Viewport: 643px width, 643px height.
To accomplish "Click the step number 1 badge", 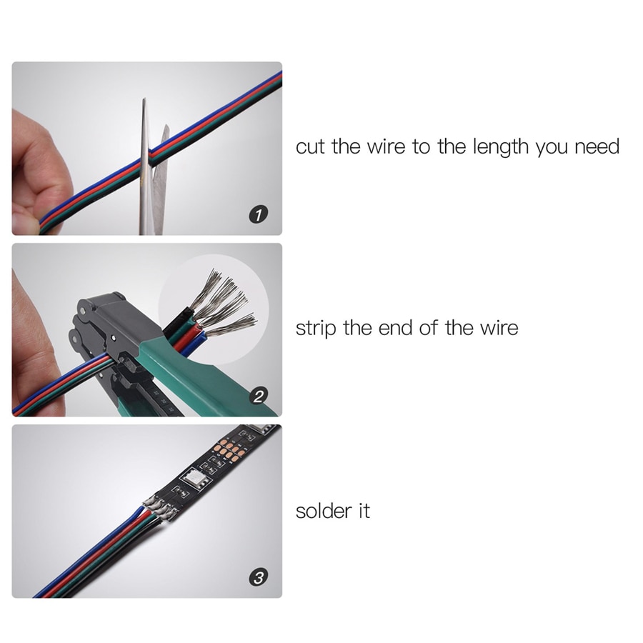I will coord(261,214).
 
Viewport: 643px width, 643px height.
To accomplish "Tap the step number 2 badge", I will coord(261,395).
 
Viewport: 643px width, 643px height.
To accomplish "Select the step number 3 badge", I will coord(261,577).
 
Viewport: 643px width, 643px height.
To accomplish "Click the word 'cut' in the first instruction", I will coord(311,147).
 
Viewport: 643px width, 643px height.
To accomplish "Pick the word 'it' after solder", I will coord(363,511).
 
